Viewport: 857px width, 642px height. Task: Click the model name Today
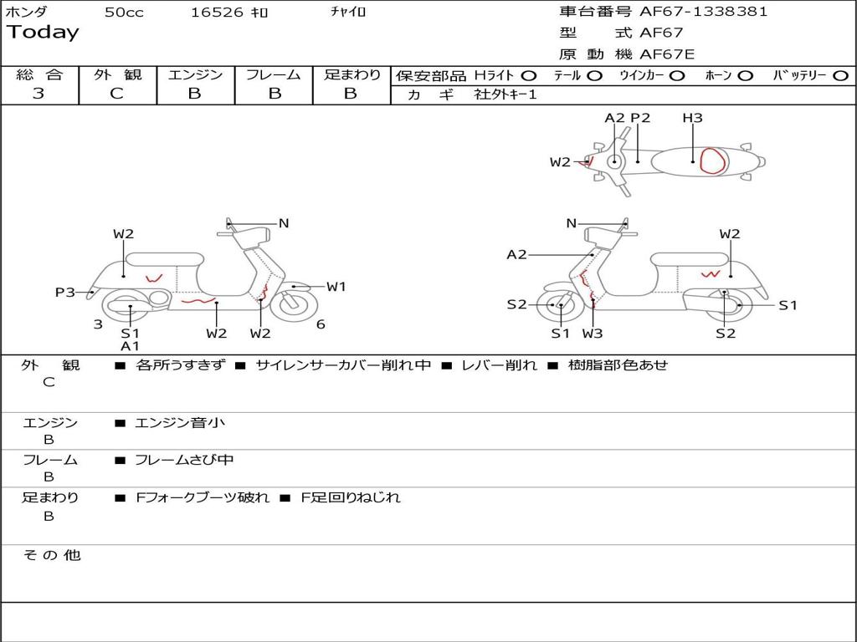pyautogui.click(x=43, y=33)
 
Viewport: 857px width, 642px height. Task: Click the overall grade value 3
pyautogui.click(x=38, y=94)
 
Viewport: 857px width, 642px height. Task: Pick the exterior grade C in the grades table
pyautogui.click(x=116, y=94)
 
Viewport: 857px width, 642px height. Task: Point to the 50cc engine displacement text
pyautogui.click(x=124, y=13)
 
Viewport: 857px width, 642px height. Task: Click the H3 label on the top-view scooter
pyautogui.click(x=692, y=118)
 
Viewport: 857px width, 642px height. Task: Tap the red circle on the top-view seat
pyautogui.click(x=712, y=160)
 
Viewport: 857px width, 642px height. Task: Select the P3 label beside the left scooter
pyautogui.click(x=65, y=292)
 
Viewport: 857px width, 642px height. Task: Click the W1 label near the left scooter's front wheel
pyautogui.click(x=336, y=287)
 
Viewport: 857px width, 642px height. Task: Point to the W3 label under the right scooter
pyautogui.click(x=593, y=334)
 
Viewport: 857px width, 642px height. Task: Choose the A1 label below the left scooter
pyautogui.click(x=131, y=346)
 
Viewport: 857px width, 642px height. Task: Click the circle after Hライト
pyautogui.click(x=529, y=75)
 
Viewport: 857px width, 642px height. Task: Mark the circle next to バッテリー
pyautogui.click(x=840, y=75)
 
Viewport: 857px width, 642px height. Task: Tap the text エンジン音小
pyautogui.click(x=180, y=423)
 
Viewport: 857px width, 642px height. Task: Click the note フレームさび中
pyautogui.click(x=185, y=460)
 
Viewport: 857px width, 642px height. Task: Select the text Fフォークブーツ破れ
pyautogui.click(x=203, y=497)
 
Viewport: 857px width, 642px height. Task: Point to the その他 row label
pyautogui.click(x=51, y=555)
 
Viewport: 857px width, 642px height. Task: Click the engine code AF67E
pyautogui.click(x=667, y=55)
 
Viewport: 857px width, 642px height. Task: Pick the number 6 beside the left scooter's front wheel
pyautogui.click(x=321, y=324)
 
